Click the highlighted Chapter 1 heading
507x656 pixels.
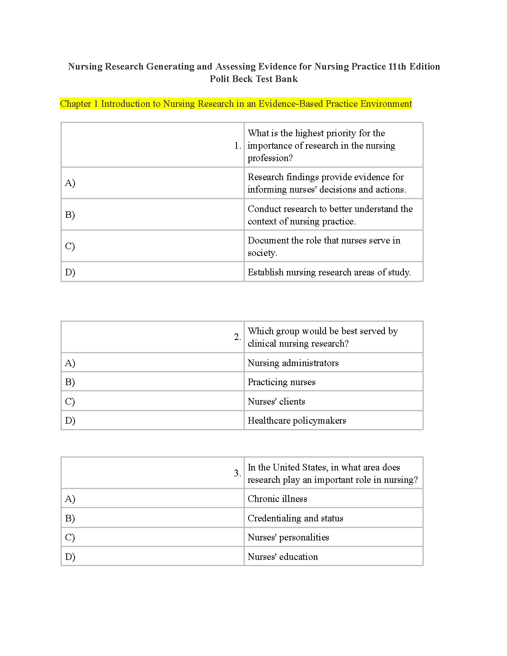click(x=236, y=104)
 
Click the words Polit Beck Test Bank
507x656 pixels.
click(x=254, y=79)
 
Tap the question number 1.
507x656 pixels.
click(x=237, y=146)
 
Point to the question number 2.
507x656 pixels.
click(x=237, y=337)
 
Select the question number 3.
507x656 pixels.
click(x=237, y=473)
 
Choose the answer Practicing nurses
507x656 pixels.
click(x=281, y=382)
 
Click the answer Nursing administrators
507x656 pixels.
click(x=293, y=363)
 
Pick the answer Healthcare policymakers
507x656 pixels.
click(x=297, y=420)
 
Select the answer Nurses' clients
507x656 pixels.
click(x=276, y=401)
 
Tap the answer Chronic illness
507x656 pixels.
click(x=277, y=499)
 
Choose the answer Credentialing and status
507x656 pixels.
click(x=295, y=518)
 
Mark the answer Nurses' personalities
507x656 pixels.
click(x=288, y=537)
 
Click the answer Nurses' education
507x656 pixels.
click(x=282, y=557)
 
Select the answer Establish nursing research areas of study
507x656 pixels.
click(x=329, y=272)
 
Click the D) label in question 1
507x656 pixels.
click(x=70, y=272)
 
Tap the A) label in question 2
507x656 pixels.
click(x=70, y=363)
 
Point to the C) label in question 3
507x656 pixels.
click(x=70, y=537)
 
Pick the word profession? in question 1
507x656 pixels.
click(x=270, y=158)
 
